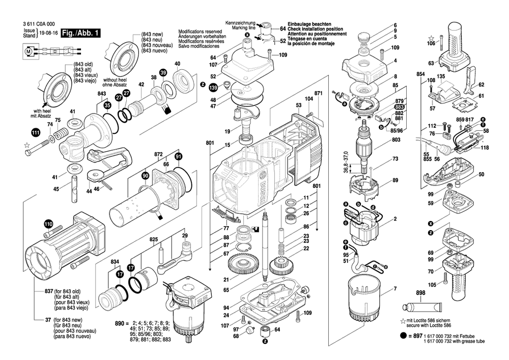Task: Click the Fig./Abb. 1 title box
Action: pyautogui.click(x=80, y=33)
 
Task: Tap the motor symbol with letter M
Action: pyautogui.click(x=28, y=51)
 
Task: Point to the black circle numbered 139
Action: pyautogui.click(x=213, y=88)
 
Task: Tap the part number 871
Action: pyautogui.click(x=319, y=93)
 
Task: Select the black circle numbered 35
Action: pyautogui.click(x=107, y=105)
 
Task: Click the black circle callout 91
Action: pyautogui.click(x=178, y=156)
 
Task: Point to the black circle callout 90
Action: pyautogui.click(x=146, y=176)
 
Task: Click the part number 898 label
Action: pyautogui.click(x=420, y=293)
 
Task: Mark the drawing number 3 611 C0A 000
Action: pyautogui.click(x=39, y=24)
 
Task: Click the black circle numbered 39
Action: pyautogui.click(x=163, y=72)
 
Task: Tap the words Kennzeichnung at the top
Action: pyautogui.click(x=240, y=23)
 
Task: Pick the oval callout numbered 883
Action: pyautogui.click(x=399, y=107)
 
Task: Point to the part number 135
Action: pyautogui.click(x=441, y=77)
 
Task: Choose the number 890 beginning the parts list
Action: pyautogui.click(x=120, y=324)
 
